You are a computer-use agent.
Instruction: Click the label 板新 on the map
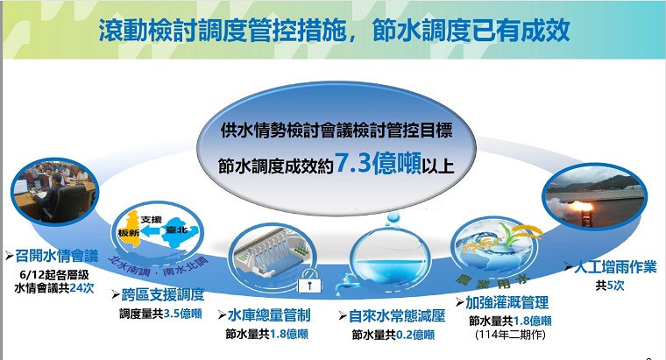(x=129, y=232)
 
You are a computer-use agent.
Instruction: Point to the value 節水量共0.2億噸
(x=393, y=334)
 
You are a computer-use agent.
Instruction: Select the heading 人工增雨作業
(x=612, y=268)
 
